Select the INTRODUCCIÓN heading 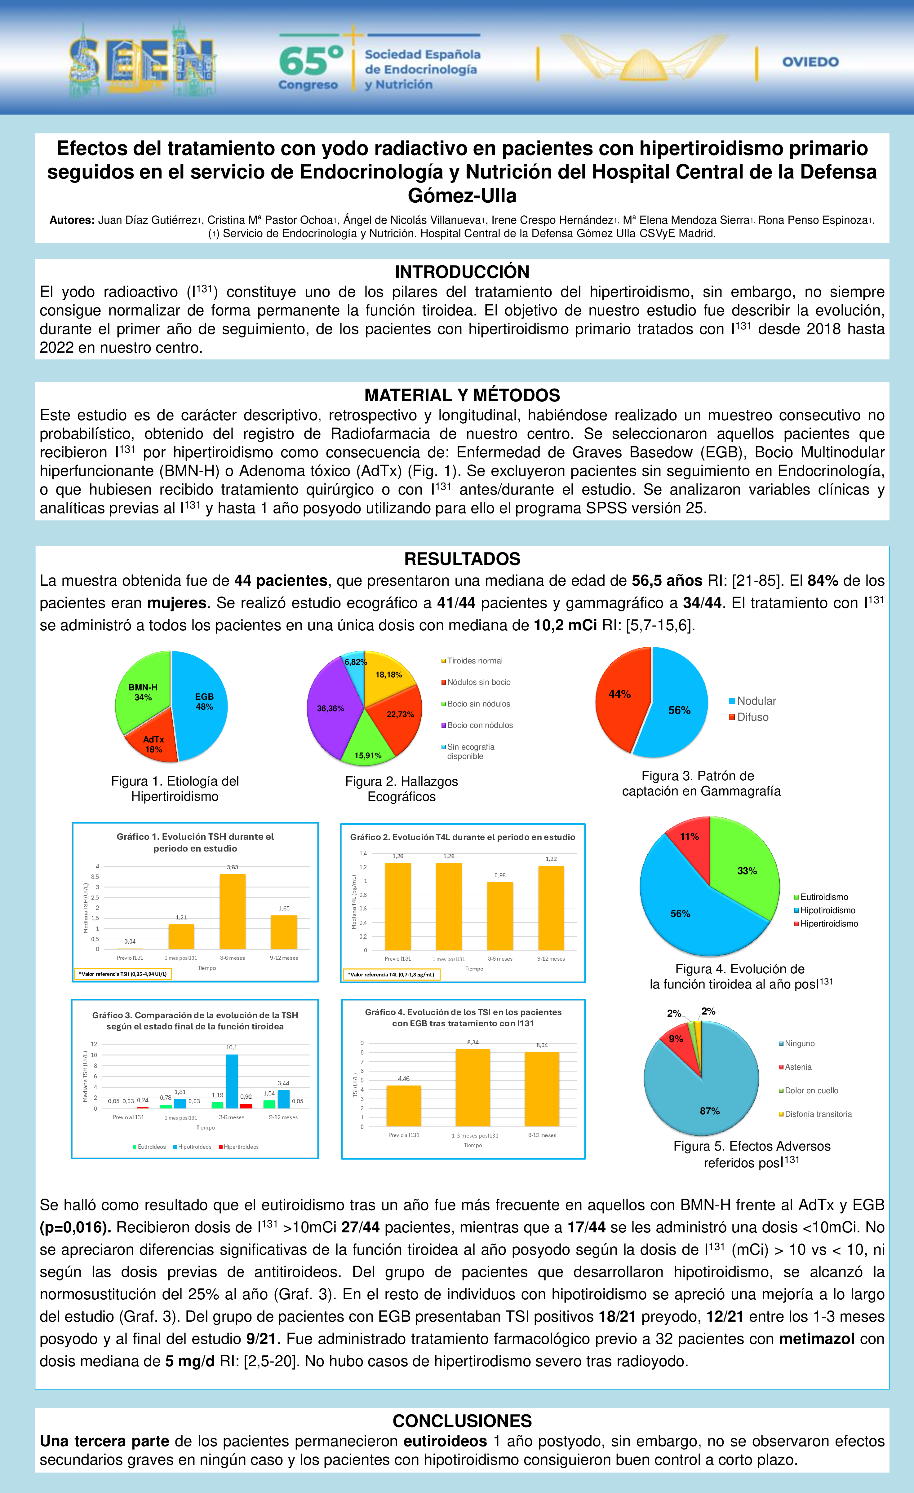(x=462, y=271)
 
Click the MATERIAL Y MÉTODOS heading (x=462, y=395)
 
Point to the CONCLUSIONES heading (x=462, y=1421)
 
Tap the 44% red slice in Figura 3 (x=619, y=697)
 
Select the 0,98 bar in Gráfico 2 (x=500, y=916)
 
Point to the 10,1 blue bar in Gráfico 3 (x=232, y=1081)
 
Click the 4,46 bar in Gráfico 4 (x=404, y=1106)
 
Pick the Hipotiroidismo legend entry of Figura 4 (x=827, y=910)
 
